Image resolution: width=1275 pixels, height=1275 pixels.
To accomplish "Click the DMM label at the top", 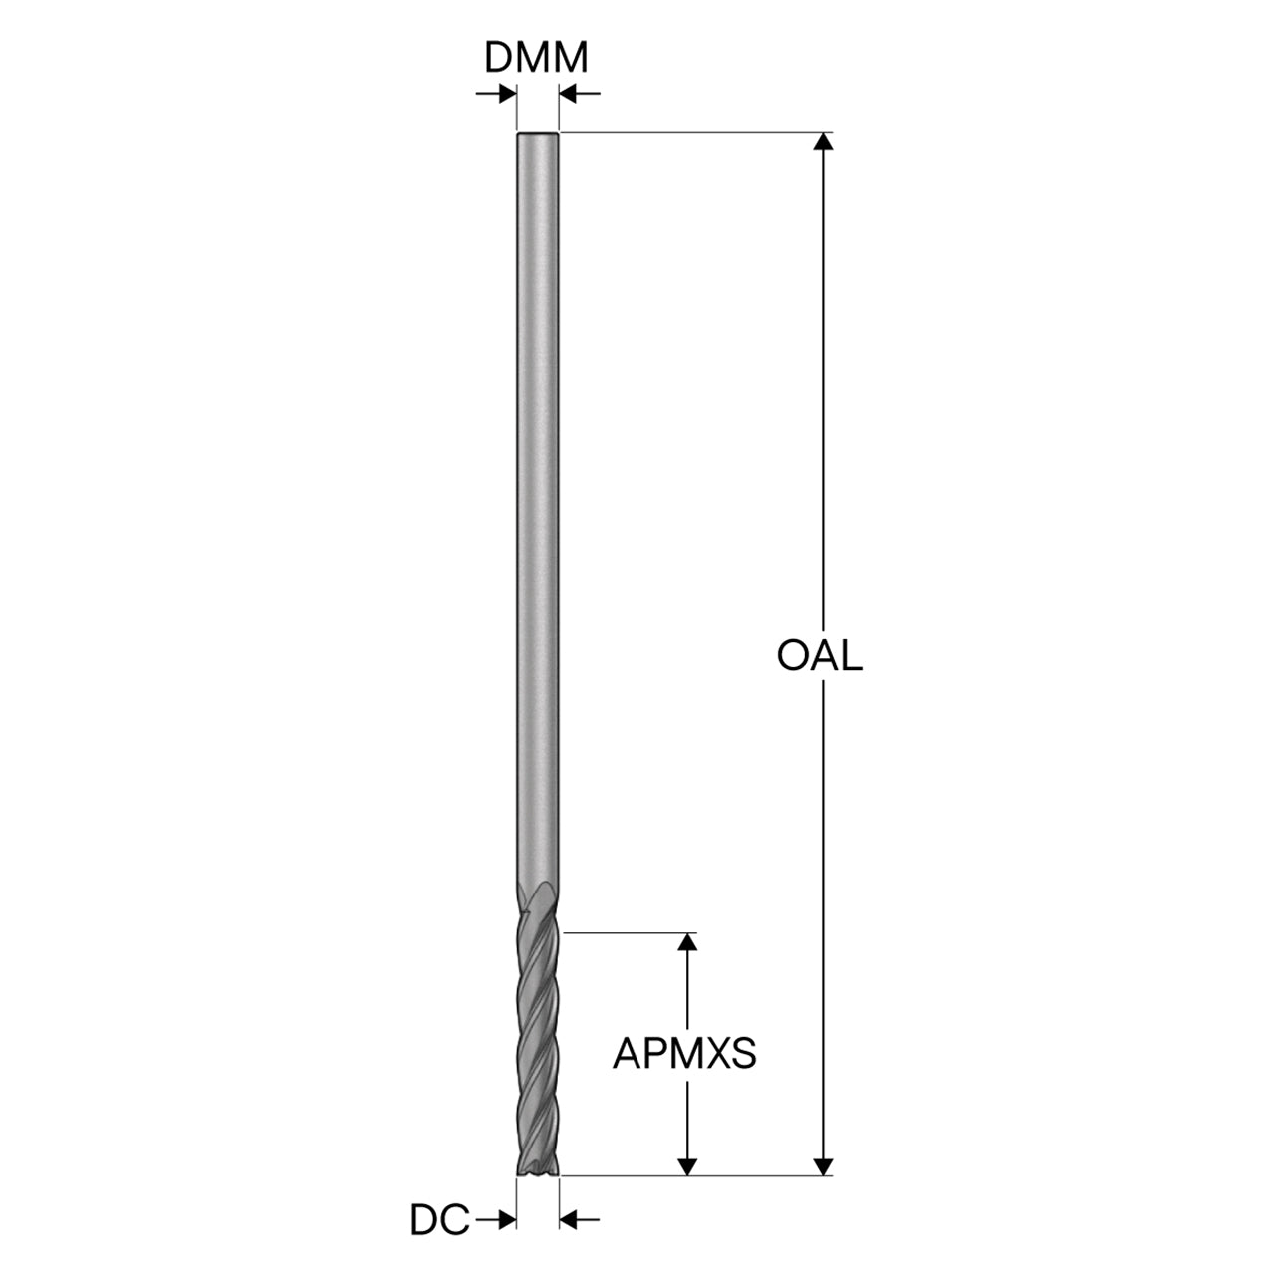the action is coord(536,58).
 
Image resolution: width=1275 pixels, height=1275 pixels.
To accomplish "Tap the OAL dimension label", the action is coord(819,656).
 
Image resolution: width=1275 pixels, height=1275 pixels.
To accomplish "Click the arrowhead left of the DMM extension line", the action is coord(507,94).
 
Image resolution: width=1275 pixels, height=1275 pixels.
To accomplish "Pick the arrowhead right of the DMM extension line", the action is coord(569,94).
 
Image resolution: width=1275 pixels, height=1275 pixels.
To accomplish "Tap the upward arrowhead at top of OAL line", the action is coord(823,141).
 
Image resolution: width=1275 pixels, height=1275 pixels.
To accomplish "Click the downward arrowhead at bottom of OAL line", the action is coord(823,1166).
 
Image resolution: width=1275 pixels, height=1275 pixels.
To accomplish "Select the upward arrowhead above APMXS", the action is coord(688,942).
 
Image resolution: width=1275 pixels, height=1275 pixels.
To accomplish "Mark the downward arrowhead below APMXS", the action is coord(688,1166).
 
